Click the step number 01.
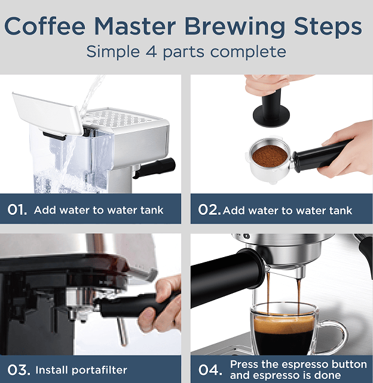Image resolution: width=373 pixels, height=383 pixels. (x=17, y=210)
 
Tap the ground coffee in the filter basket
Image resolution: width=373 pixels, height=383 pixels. (x=268, y=157)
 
